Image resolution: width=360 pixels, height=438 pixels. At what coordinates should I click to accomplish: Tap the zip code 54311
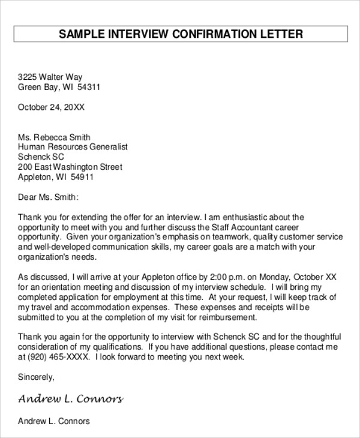click(88, 87)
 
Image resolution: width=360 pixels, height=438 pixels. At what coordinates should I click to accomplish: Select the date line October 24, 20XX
click(51, 108)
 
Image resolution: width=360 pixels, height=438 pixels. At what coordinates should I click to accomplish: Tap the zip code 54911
click(82, 178)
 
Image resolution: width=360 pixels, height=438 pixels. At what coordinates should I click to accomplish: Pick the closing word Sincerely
click(36, 377)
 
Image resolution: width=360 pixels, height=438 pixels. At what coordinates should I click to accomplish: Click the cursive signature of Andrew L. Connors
click(71, 399)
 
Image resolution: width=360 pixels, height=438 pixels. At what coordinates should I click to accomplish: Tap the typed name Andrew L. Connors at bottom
click(54, 421)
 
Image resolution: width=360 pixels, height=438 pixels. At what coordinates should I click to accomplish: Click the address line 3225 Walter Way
click(50, 77)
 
